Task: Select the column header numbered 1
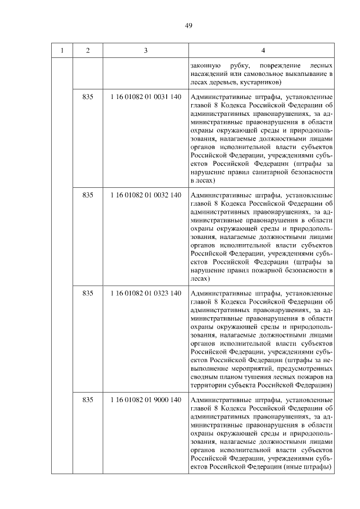[x=62, y=51]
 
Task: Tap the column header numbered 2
[x=87, y=51]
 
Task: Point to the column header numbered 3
[x=146, y=51]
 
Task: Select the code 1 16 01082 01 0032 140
[x=146, y=195]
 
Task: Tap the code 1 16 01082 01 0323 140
[x=146, y=293]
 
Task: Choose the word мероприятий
[x=235, y=368]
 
